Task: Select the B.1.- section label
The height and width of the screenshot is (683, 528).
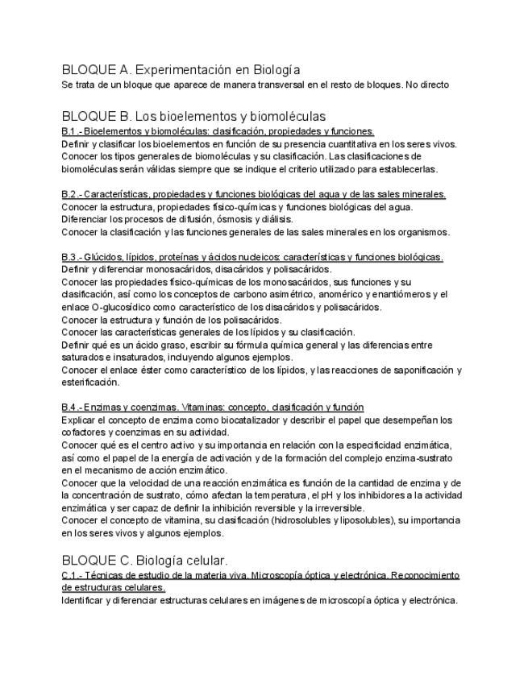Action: pos(71,130)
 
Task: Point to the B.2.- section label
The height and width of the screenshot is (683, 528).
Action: pos(71,194)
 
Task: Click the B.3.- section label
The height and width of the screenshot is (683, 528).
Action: pos(71,257)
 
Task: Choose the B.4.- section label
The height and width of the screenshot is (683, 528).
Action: pos(71,408)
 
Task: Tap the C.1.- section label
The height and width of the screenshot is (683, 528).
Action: pos(71,575)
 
